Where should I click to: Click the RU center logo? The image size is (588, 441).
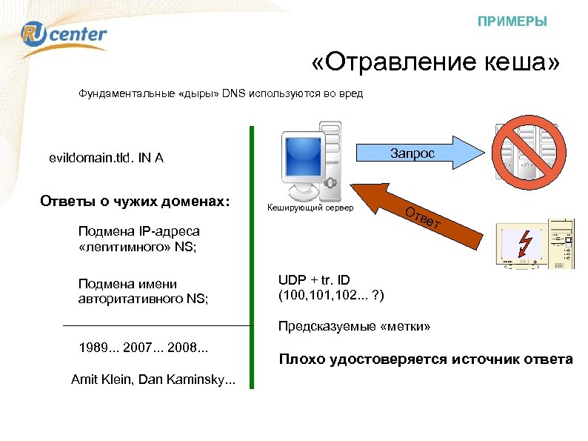click(64, 34)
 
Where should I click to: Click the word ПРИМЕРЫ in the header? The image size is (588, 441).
click(512, 21)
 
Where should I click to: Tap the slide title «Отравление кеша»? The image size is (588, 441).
click(436, 64)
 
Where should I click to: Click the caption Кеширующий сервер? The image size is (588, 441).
click(310, 208)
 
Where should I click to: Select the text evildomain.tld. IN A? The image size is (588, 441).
click(106, 158)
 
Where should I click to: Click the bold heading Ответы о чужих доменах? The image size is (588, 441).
click(134, 202)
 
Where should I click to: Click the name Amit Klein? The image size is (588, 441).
click(101, 379)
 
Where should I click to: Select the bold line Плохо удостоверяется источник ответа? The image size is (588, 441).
click(425, 359)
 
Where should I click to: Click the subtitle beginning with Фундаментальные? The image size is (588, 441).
click(221, 95)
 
